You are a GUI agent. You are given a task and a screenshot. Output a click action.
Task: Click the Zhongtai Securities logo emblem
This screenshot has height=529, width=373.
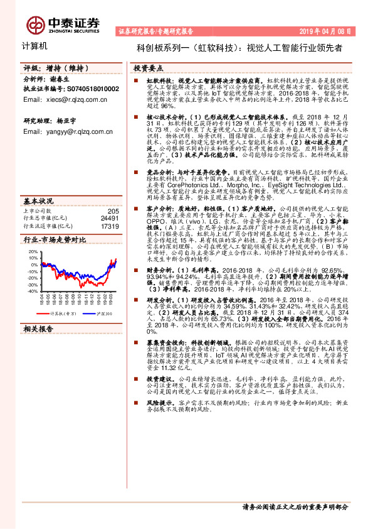(34, 24)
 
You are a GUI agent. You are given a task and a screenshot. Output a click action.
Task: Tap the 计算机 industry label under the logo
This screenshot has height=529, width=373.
(29, 46)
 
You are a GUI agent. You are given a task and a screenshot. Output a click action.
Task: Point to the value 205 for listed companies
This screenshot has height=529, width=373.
(113, 211)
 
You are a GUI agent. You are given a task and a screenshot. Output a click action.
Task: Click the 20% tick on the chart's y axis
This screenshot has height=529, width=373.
(33, 251)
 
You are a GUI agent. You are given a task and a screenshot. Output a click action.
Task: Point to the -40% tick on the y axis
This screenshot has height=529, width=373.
(31, 292)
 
